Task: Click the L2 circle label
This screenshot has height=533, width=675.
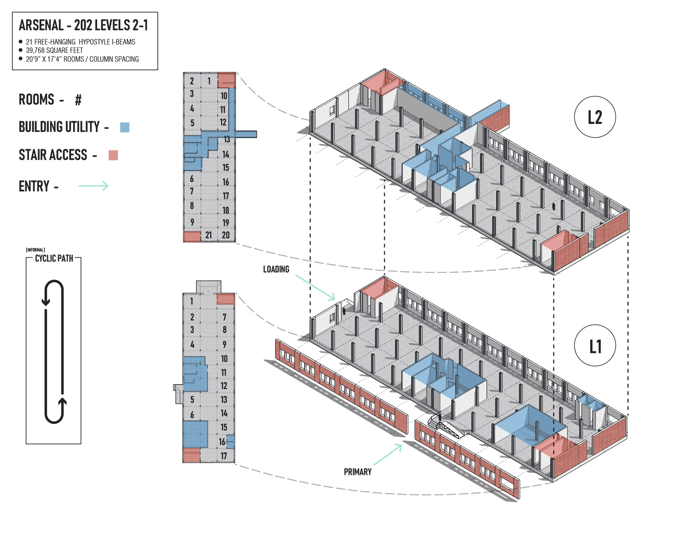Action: tap(595, 117)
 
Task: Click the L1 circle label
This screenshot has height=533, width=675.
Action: tap(595, 346)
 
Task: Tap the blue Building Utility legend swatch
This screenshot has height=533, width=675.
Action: tap(125, 127)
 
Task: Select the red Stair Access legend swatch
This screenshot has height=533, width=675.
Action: tap(113, 155)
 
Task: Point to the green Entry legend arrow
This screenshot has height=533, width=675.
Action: tap(93, 186)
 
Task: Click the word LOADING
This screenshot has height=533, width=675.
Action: tap(276, 269)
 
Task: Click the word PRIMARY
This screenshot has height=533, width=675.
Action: tap(357, 472)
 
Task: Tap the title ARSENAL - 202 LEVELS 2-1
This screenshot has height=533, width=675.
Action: tap(83, 25)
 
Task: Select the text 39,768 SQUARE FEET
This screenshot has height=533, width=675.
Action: tap(54, 50)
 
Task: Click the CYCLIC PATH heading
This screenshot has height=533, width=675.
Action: tap(54, 258)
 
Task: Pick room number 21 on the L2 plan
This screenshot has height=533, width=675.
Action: tap(209, 235)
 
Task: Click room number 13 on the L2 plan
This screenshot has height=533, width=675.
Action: tap(227, 139)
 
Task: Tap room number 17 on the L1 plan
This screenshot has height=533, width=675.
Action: tap(224, 456)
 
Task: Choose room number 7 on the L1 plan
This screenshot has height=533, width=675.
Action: tap(225, 317)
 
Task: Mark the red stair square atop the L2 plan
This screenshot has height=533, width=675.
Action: tap(226, 80)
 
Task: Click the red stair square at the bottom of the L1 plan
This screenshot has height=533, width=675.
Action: tap(192, 456)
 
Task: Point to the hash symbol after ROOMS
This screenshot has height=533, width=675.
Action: tap(78, 100)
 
